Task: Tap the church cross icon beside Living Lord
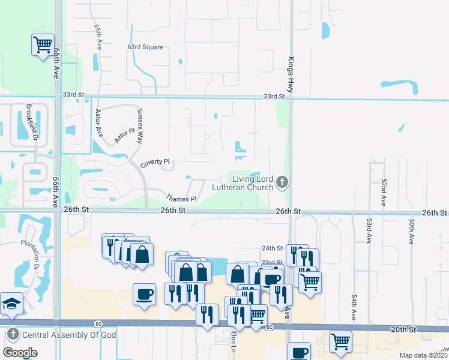[283, 181]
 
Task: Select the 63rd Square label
[145, 46]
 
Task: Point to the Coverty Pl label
[155, 163]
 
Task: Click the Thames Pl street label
[181, 198]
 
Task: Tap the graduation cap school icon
[11, 304]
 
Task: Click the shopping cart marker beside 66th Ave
[43, 44]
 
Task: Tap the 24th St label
[272, 248]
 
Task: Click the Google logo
[20, 353]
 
